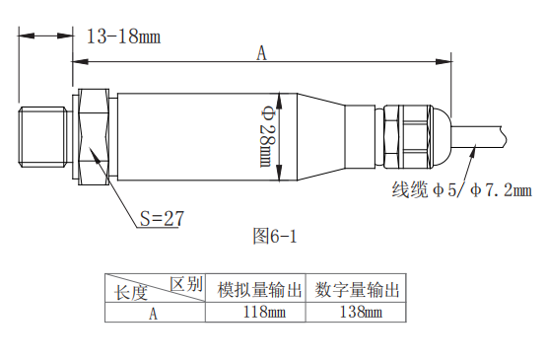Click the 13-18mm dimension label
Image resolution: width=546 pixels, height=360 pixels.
coord(123,36)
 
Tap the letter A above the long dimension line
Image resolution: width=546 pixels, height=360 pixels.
coord(261,53)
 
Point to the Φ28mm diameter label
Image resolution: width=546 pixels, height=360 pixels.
coord(267,137)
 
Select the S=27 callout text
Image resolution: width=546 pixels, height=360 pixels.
coord(162,219)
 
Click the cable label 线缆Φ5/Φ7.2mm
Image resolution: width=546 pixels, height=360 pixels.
coord(461,190)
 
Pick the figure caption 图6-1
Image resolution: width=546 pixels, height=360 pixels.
coord(275,237)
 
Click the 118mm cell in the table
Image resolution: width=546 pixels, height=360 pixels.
coord(264,312)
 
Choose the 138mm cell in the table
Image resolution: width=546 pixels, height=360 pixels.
coord(361,312)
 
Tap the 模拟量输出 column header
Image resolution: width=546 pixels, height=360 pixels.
coord(259,290)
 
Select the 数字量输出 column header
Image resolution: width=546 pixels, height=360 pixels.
coord(357,290)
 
